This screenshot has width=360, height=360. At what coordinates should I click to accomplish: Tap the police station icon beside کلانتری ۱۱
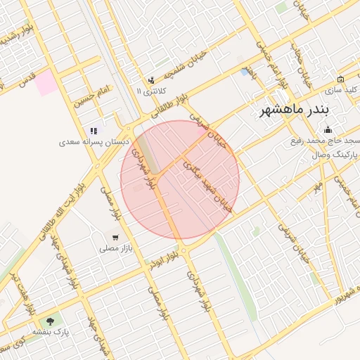(151, 80)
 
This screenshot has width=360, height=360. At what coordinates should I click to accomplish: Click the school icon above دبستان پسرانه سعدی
(94, 131)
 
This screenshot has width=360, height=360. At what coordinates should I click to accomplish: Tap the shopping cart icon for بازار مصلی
(115, 237)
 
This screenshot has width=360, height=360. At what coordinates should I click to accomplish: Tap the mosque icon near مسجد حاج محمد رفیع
(327, 129)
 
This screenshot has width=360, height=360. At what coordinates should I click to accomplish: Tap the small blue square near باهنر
(244, 72)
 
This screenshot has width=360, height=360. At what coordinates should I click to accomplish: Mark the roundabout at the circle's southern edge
(184, 250)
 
